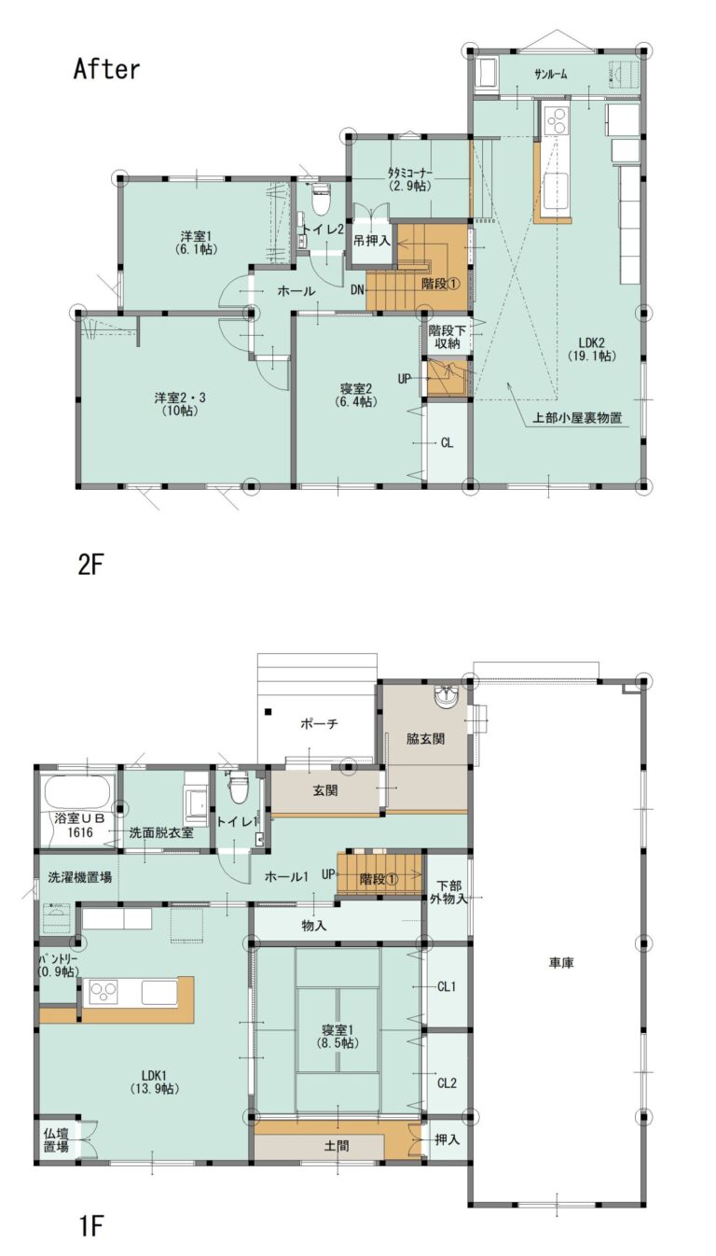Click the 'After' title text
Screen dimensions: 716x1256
pos(106,70)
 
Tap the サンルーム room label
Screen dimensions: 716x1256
pos(551,74)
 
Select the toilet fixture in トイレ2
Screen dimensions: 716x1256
pos(321,199)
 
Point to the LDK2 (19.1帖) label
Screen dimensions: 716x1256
pos(592,349)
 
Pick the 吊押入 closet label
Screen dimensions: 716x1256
pos(371,241)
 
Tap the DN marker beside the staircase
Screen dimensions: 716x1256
pos(358,290)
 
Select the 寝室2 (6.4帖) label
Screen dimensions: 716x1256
pos(356,395)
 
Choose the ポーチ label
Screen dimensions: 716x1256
pos(320,724)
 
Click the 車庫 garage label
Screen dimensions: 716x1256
pos(561,963)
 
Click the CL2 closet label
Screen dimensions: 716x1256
pos(447,1082)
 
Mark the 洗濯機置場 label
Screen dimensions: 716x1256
pos(79,877)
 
